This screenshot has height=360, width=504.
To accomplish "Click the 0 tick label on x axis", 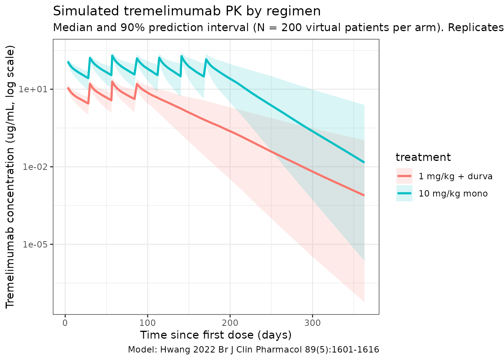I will pyautogui.click(x=65, y=323).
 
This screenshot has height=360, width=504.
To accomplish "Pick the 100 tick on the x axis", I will pyautogui.click(x=147, y=323).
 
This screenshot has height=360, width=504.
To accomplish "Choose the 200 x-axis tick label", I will pyautogui.click(x=230, y=323).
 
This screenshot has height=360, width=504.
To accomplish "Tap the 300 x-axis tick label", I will pyautogui.click(x=312, y=323).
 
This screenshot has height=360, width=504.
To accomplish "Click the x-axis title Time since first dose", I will pyautogui.click(x=216, y=335).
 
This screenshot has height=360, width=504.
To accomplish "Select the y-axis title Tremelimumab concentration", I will pyautogui.click(x=10, y=176).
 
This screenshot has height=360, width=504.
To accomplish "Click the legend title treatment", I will pyautogui.click(x=423, y=157).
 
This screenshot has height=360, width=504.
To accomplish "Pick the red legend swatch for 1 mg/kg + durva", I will pyautogui.click(x=404, y=176).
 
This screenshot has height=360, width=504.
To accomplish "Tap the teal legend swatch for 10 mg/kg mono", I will pyautogui.click(x=404, y=193).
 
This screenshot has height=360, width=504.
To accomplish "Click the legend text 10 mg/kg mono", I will pyautogui.click(x=453, y=193).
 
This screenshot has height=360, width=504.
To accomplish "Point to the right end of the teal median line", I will pyautogui.click(x=364, y=162).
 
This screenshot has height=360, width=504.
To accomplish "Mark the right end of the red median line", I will pyautogui.click(x=364, y=195).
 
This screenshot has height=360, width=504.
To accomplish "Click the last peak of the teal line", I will pyautogui.click(x=206, y=59).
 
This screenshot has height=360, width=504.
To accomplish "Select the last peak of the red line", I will pyautogui.click(x=137, y=84).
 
